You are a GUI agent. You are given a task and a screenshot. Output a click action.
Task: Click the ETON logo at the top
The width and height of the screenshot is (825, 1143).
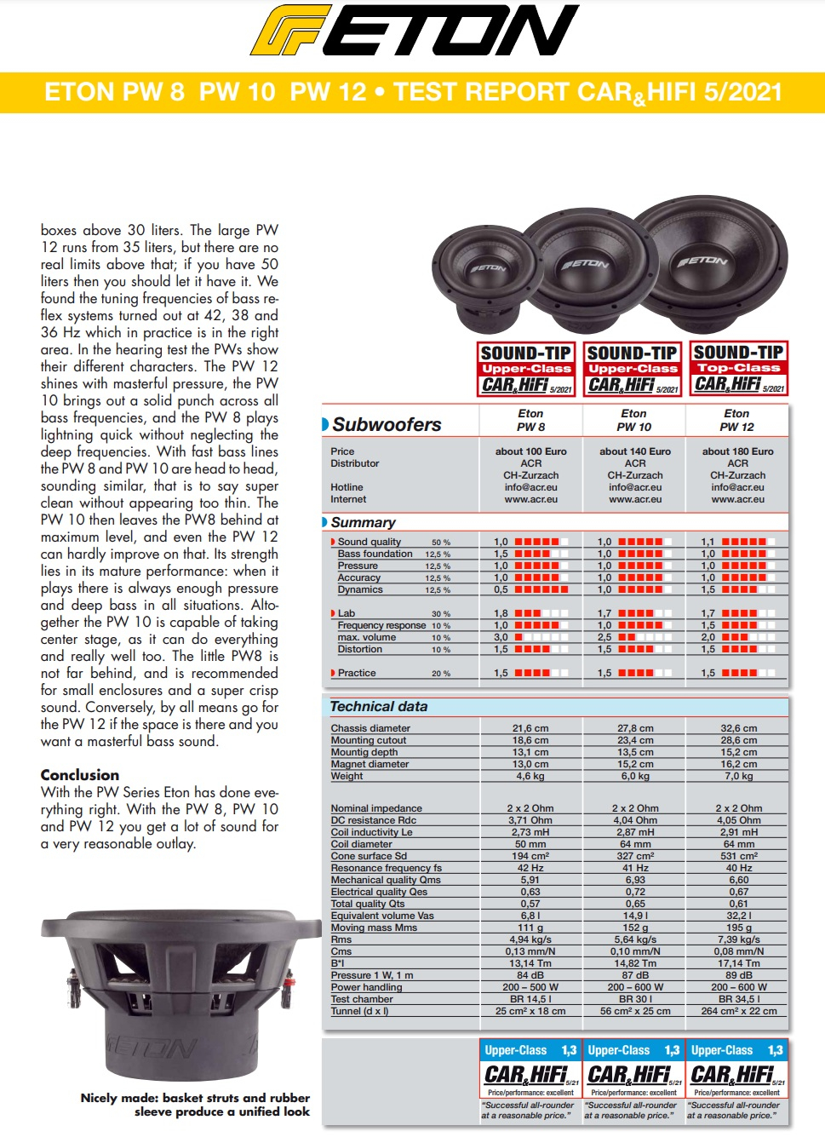tap(414, 32)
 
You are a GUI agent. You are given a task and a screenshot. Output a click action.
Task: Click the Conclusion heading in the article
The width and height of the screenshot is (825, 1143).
tap(80, 775)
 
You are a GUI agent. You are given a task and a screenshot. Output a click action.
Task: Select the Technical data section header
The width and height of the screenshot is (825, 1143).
tap(379, 707)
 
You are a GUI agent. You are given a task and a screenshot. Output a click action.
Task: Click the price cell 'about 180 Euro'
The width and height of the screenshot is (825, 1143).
tap(737, 451)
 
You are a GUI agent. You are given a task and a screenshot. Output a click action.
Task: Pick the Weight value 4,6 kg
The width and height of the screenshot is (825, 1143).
tap(530, 776)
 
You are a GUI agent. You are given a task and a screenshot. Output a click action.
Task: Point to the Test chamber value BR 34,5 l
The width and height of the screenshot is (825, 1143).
tap(738, 999)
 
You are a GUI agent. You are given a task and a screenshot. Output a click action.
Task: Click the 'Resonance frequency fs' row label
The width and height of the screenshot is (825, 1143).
tap(386, 868)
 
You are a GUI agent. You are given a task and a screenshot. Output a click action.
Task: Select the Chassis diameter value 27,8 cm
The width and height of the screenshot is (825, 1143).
tap(635, 728)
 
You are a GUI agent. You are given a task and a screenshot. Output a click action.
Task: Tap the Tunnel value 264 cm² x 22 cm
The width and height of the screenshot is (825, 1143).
tap(738, 1011)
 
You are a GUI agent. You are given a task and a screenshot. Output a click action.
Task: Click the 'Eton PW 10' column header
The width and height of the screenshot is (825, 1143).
tap(634, 420)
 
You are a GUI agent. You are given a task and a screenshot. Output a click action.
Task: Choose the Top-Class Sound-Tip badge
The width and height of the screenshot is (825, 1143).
tap(738, 369)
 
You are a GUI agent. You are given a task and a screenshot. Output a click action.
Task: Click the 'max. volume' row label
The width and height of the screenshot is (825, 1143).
tap(366, 637)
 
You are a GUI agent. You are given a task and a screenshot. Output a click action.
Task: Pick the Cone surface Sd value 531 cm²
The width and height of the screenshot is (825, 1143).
tap(738, 856)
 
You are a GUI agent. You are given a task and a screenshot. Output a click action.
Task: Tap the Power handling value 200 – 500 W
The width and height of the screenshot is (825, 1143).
tap(530, 987)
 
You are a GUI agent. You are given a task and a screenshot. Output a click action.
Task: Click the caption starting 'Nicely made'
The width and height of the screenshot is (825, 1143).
tap(195, 1105)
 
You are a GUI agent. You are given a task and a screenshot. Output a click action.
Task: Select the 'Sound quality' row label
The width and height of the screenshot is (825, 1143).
tap(369, 542)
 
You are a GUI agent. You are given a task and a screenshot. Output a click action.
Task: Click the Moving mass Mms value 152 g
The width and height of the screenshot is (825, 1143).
tap(635, 928)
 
